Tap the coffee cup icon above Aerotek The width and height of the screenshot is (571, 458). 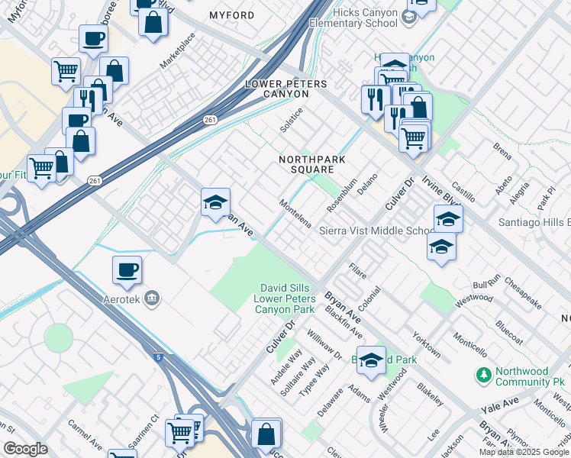[x=127, y=269]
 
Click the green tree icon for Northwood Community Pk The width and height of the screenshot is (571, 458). [x=482, y=375]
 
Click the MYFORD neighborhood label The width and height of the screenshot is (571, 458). [x=231, y=15]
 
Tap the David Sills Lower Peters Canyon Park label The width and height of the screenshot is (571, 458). [x=284, y=298]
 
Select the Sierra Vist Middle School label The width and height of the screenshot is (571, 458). [x=376, y=231]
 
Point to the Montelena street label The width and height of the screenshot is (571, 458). [x=295, y=214]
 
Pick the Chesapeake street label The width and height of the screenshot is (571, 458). [x=523, y=293]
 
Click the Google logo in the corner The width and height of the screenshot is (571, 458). [x=24, y=449]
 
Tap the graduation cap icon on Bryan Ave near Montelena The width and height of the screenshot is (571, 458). [x=216, y=202]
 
